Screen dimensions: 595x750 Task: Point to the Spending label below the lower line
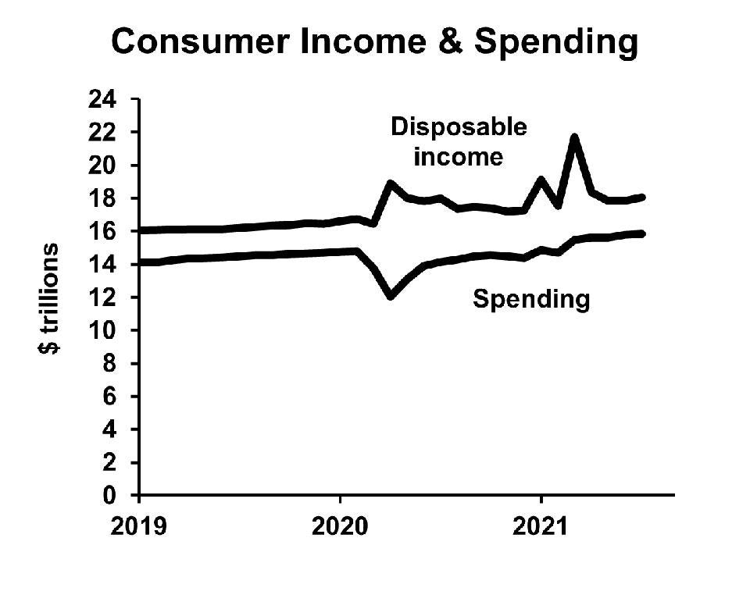pos(531,299)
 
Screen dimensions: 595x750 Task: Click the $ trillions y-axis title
pos(49,298)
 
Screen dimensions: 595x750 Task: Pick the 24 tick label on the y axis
pos(108,100)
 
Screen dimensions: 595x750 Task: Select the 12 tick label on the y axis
pos(108,298)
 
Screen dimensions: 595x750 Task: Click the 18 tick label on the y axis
pos(108,199)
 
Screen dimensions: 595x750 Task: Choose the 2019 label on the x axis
pos(138,527)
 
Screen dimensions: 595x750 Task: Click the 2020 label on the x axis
pos(340,527)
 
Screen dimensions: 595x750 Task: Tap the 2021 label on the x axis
pos(541,527)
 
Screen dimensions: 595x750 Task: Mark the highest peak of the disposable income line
pos(575,138)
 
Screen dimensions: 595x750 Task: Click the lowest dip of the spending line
pos(391,295)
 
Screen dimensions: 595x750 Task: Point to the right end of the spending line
pos(641,233)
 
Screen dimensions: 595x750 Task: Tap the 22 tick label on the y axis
pos(108,133)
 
